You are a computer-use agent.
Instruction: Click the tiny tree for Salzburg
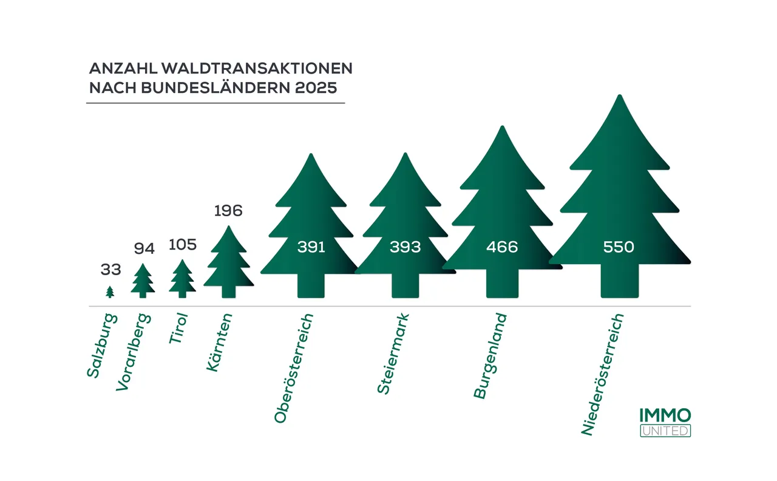[x=110, y=292]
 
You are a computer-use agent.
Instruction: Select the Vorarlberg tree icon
[x=143, y=282]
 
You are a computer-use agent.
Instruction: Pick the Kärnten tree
[x=228, y=265]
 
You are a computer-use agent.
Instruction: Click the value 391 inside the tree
[x=311, y=247]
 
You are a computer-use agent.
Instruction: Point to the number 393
[x=405, y=247]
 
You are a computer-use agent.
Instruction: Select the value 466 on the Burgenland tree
[x=502, y=247]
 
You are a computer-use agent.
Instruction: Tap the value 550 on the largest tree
[x=619, y=247]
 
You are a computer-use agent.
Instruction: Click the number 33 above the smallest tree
[x=110, y=270]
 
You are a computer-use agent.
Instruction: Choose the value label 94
[x=144, y=248]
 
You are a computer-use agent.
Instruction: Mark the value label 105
[x=182, y=245]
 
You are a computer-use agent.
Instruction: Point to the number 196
[x=228, y=211]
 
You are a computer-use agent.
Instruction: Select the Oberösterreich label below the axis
[x=294, y=368]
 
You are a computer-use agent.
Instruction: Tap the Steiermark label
[x=393, y=353]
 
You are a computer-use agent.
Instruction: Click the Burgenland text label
[x=489, y=356]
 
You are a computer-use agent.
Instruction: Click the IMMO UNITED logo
[x=665, y=422]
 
